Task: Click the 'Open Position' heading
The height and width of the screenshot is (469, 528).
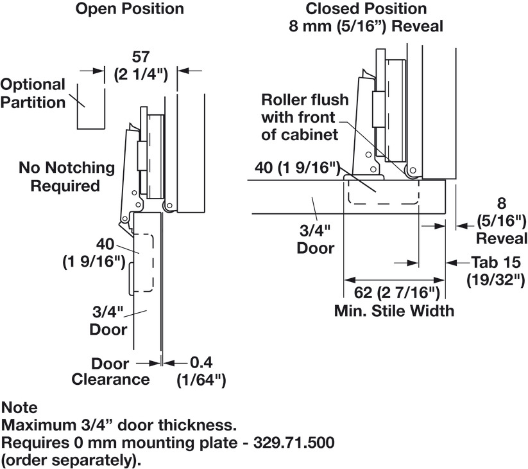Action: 129,9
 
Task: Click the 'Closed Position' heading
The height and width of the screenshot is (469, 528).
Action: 366,9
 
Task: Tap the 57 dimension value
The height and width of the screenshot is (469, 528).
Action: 141,57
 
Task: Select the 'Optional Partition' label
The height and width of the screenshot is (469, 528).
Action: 33,94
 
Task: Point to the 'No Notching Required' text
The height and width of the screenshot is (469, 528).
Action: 67,177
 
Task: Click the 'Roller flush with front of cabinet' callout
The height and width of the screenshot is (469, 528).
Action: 305,117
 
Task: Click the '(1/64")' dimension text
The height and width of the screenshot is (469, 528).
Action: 201,380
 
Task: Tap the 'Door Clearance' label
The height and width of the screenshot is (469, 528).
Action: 110,371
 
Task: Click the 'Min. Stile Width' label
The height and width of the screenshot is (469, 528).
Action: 394,311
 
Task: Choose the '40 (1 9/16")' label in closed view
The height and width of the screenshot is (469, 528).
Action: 297,168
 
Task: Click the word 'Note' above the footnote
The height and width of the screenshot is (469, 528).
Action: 19,407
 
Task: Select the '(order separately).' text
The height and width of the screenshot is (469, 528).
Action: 71,461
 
